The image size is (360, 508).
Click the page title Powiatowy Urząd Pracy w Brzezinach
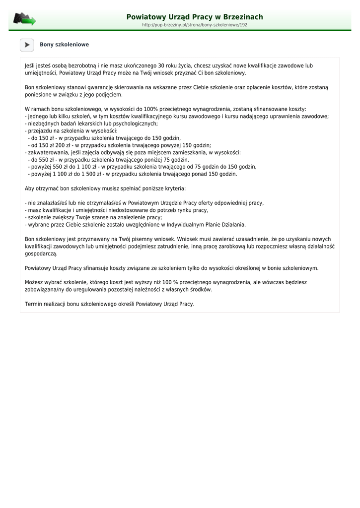195,17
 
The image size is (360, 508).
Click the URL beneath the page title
195,25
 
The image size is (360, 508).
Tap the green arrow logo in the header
25,19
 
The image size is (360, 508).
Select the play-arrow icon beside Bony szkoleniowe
27,45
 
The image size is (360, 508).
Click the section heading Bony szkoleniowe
65,45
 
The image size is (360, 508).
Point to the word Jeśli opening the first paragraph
31,65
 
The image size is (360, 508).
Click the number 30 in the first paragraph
161,65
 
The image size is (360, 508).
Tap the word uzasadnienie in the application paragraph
251,239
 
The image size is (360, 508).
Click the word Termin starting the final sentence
33,304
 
